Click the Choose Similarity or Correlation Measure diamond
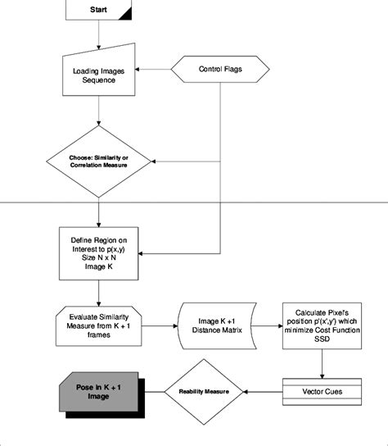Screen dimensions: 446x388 click(98, 160)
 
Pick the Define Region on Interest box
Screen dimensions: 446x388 click(98, 253)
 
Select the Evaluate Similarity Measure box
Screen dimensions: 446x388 click(98, 329)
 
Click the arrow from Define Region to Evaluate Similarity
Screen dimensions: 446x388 click(98, 294)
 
